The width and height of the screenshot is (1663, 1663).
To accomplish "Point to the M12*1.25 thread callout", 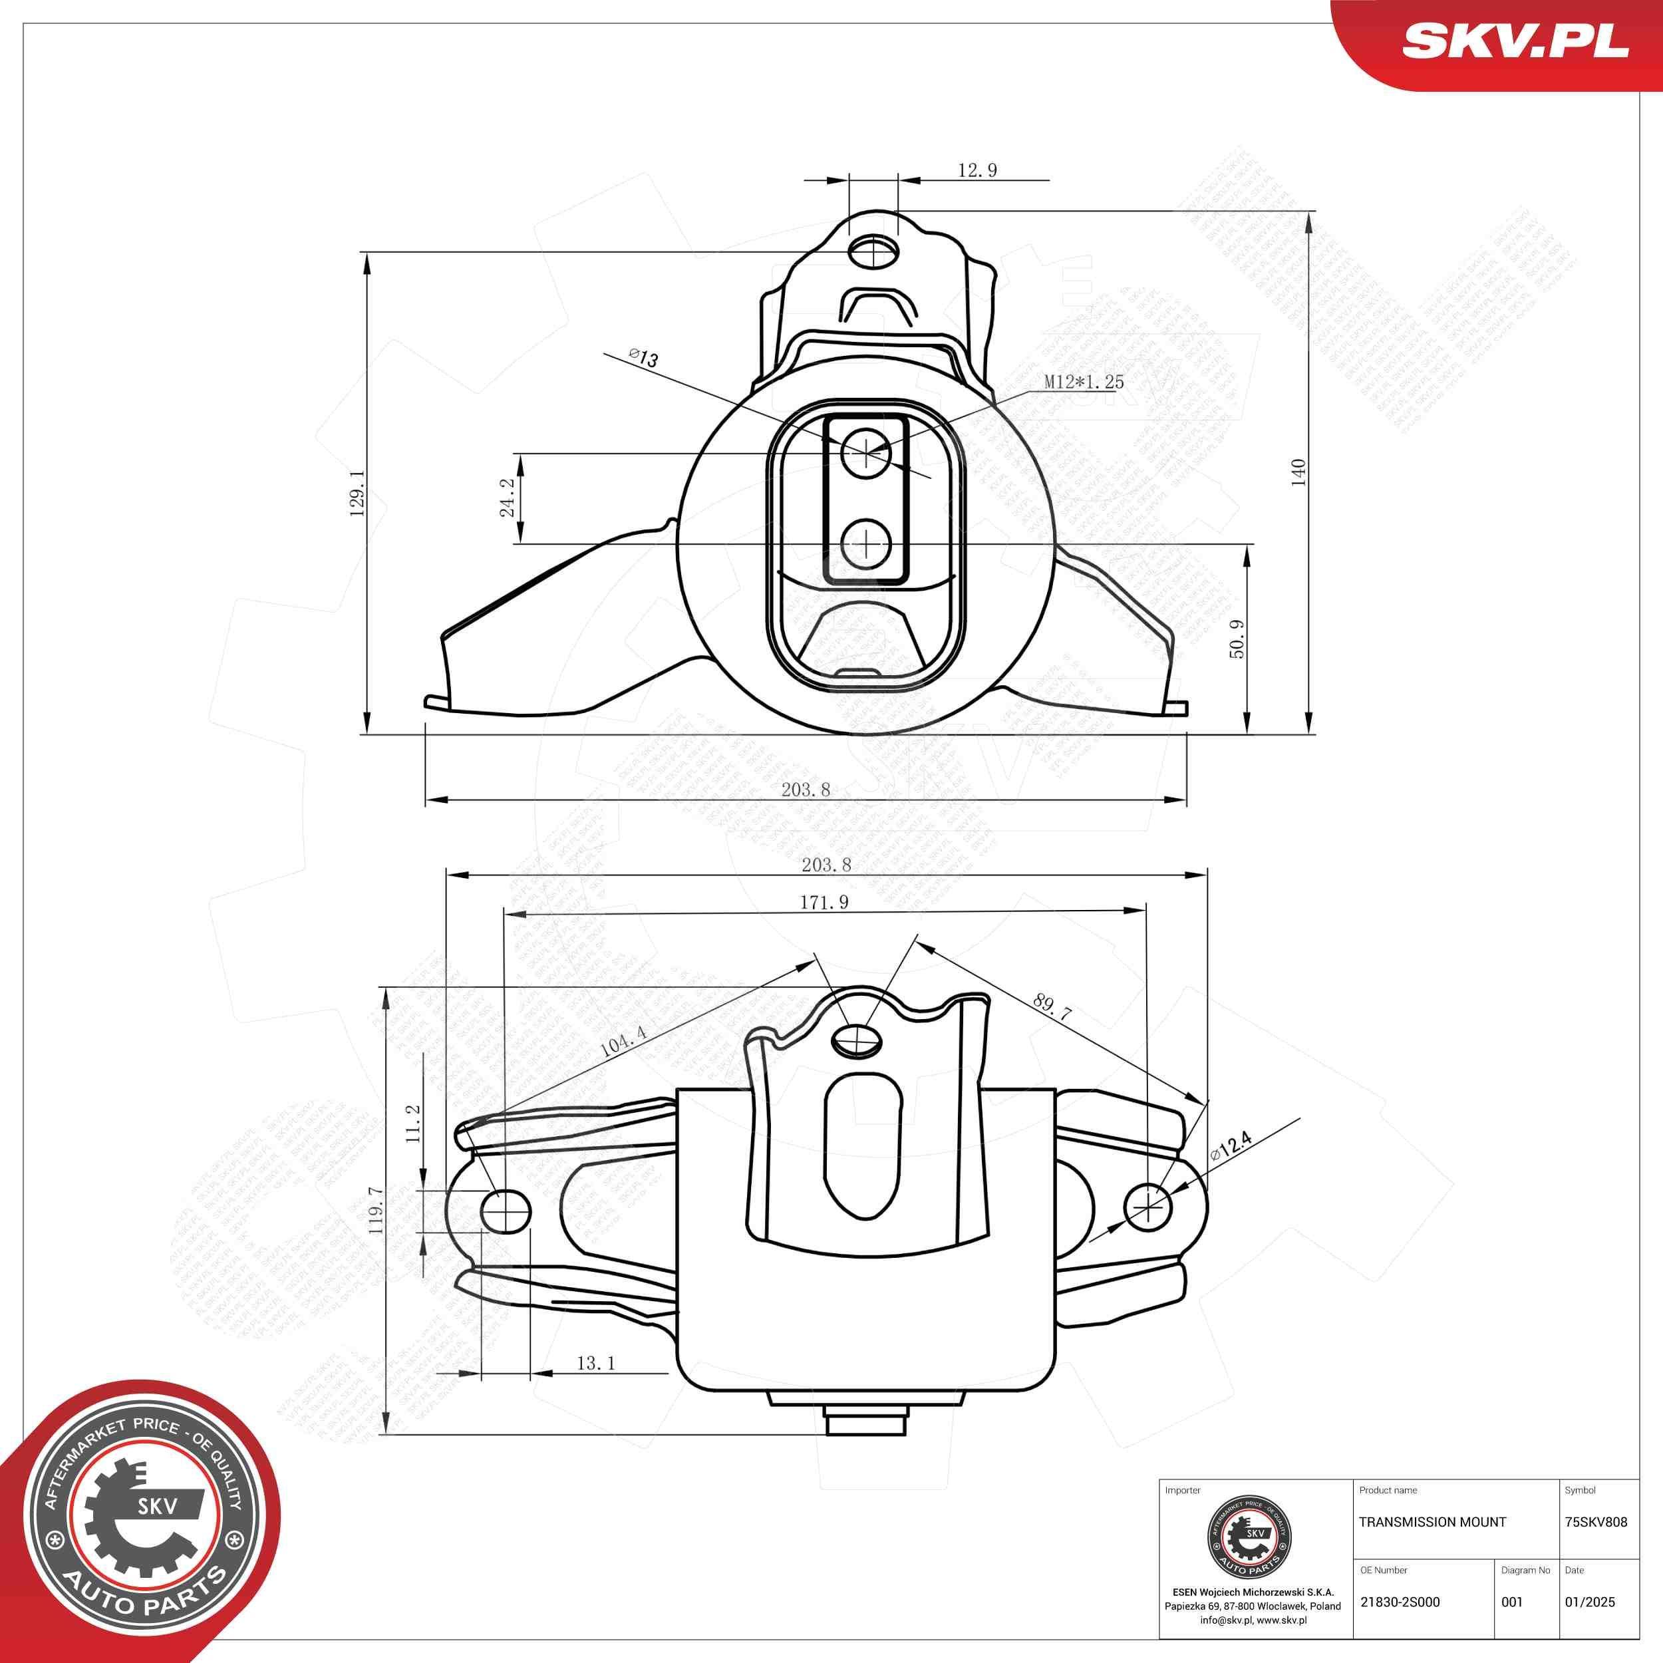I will click(x=1084, y=381).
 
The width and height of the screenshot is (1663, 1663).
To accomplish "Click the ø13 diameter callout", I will click(x=644, y=358).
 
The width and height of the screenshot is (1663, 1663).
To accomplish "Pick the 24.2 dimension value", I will click(x=507, y=498).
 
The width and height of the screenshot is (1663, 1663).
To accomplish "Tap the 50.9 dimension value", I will click(x=1236, y=639).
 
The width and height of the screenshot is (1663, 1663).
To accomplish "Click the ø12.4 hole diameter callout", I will click(x=1230, y=1145).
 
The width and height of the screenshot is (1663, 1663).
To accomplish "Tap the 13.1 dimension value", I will click(x=595, y=1364).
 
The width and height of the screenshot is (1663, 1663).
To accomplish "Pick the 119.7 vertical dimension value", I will click(x=376, y=1211).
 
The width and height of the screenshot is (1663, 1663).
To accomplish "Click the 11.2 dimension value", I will click(x=413, y=1124).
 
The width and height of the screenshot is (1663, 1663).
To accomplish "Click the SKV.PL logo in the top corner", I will click(x=1515, y=41).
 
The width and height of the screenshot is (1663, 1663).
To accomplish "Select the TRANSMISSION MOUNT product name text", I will click(x=1432, y=1522).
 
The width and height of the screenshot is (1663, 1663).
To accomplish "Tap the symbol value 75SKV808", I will click(x=1596, y=1522).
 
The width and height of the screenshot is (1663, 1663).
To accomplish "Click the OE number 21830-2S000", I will click(x=1400, y=1602).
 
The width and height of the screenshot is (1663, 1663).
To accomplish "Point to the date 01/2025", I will click(x=1590, y=1602).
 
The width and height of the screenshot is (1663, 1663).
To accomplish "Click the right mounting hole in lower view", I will click(x=1147, y=1207).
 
